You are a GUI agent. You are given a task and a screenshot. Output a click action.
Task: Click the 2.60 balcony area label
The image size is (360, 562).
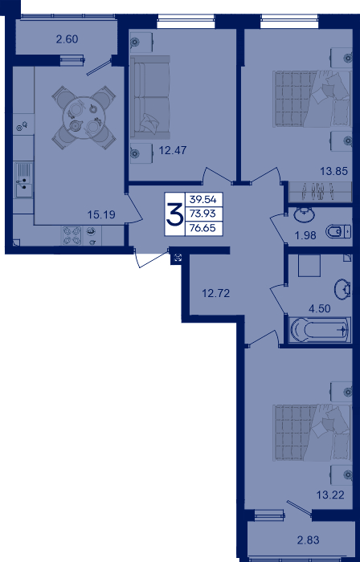point(67,39)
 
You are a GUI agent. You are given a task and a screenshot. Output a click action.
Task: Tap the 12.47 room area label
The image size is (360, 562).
point(173,150)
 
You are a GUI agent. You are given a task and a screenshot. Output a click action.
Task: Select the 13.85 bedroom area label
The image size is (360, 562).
point(334,171)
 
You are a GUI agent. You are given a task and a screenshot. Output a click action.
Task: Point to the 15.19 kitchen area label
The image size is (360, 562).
point(101,215)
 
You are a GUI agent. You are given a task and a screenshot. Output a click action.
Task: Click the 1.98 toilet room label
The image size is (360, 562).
point(305,235)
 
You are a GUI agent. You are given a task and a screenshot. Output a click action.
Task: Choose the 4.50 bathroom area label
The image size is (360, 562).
point(319,308)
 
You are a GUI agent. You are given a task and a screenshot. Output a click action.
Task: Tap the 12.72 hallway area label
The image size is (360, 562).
point(216,294)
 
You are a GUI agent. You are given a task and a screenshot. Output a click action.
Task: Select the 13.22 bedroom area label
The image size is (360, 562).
point(330,495)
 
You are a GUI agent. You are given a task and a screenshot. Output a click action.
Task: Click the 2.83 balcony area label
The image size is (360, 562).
point(308,540)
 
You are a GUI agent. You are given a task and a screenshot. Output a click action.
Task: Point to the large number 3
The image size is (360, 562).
point(174,214)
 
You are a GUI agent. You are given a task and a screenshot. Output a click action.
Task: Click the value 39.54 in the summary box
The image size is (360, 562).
point(203,200)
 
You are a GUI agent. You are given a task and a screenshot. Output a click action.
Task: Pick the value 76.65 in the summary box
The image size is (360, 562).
point(203,228)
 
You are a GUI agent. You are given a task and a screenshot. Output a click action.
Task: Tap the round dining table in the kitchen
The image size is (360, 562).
point(84,117)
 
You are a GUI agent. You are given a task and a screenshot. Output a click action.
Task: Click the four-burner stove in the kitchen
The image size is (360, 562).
point(72,235)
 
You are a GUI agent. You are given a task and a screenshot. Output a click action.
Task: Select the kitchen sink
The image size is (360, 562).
point(23,179)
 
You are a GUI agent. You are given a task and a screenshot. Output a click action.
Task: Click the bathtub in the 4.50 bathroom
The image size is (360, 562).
point(320,330)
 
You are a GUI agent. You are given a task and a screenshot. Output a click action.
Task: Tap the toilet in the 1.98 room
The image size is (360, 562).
point(338,232)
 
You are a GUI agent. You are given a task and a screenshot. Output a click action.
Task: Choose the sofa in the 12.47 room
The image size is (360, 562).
point(149,97)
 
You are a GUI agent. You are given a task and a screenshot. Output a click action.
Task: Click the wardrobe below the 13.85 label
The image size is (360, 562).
point(321,192)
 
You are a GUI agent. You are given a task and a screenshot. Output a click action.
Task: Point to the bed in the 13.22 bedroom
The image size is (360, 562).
point(312,433)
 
